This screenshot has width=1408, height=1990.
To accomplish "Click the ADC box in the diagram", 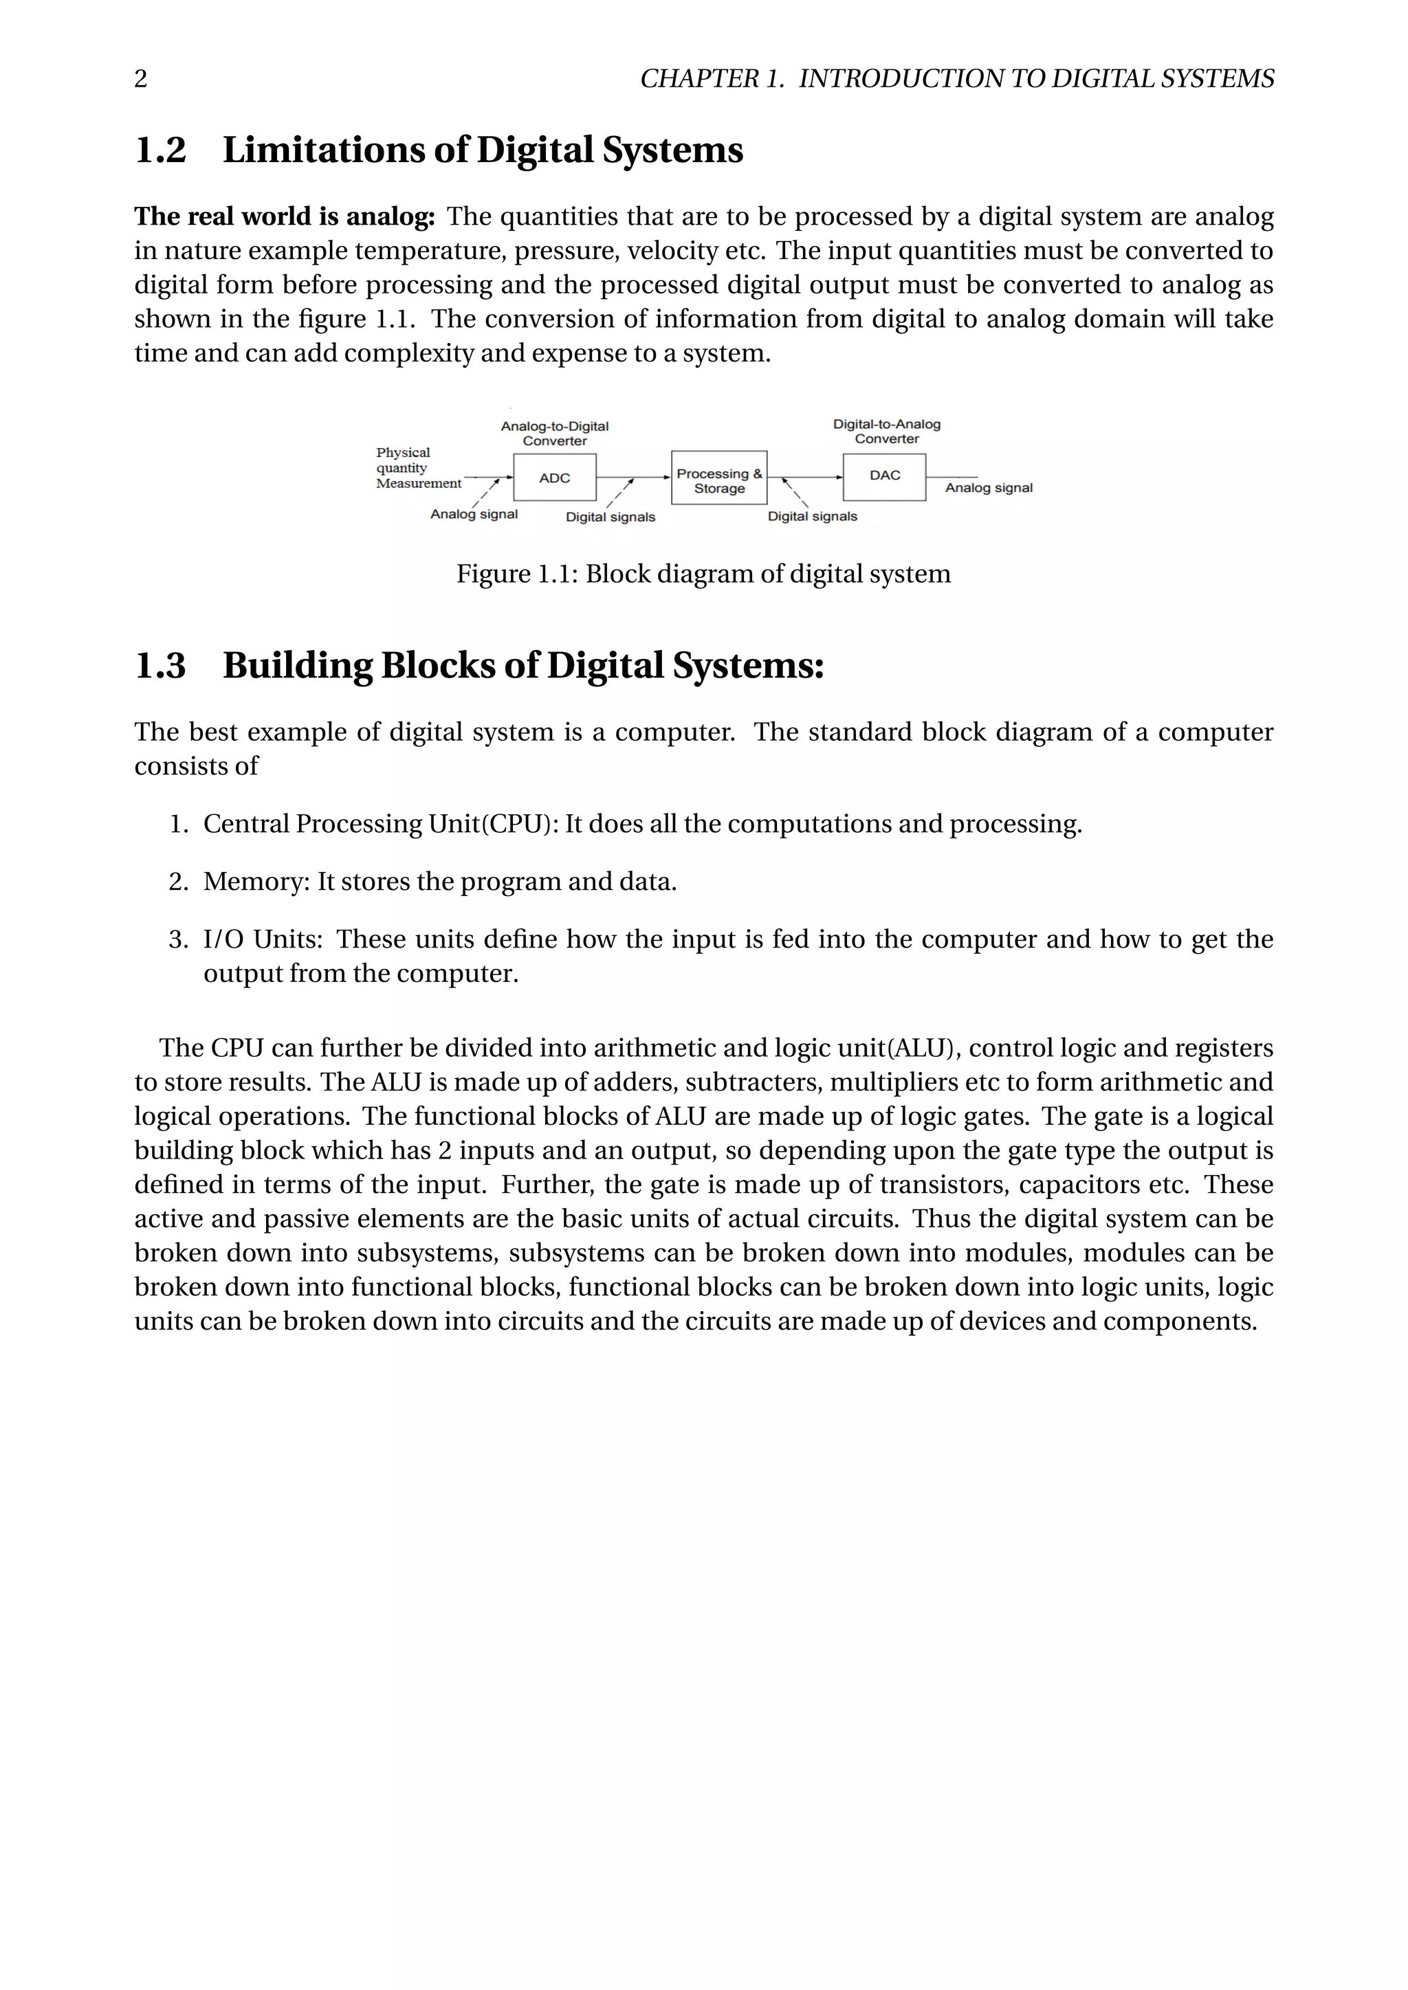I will pyautogui.click(x=554, y=478).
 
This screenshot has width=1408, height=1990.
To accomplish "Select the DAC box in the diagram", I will pyautogui.click(x=884, y=476).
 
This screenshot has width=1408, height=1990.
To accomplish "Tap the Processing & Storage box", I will pyautogui.click(x=718, y=478).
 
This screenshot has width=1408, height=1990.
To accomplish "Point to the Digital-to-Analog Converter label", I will pyautogui.click(x=886, y=431).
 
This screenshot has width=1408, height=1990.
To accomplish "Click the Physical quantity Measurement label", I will pyautogui.click(x=417, y=468).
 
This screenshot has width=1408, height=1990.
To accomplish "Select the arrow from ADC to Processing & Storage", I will pyautogui.click(x=633, y=478).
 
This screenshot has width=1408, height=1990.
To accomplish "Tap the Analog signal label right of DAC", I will pyautogui.click(x=989, y=488).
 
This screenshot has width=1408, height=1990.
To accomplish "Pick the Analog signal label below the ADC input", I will pyautogui.click(x=474, y=514).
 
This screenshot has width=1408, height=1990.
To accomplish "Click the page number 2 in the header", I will pyautogui.click(x=140, y=79).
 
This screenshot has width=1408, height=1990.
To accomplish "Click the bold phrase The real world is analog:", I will pyautogui.click(x=285, y=216).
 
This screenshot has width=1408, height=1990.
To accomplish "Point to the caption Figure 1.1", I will pyautogui.click(x=517, y=574).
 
